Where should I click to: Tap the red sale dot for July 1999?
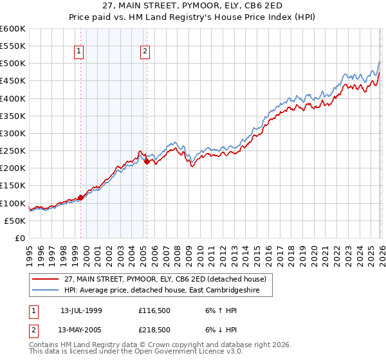click(x=80, y=197)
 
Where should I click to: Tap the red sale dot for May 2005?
click(x=147, y=162)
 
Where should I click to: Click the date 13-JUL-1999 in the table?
click(x=82, y=310)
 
